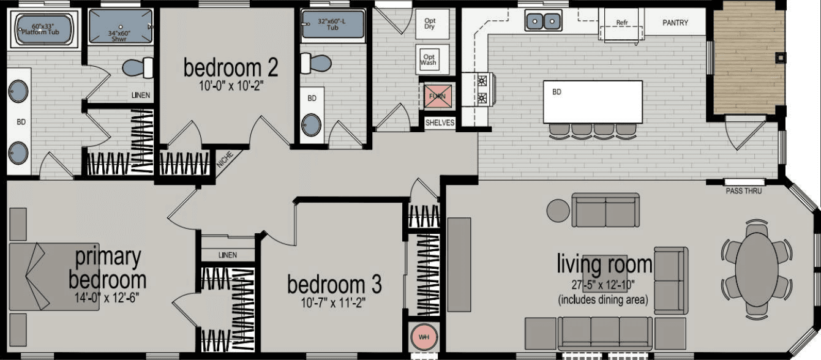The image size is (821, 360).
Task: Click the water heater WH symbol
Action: (x=422, y=337)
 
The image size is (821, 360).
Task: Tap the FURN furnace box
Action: (x=437, y=96)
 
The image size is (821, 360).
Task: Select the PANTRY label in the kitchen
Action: (x=675, y=23)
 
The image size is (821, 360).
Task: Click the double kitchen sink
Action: (x=542, y=21)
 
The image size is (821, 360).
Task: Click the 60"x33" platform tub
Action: (x=44, y=29)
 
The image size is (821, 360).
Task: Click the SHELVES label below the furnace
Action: (x=440, y=122)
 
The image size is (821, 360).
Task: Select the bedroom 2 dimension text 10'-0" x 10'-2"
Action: (x=231, y=86)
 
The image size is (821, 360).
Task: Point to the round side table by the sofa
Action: (x=558, y=211)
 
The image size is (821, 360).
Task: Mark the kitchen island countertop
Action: (x=593, y=102)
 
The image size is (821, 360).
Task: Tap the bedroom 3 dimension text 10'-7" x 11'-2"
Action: (x=334, y=302)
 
